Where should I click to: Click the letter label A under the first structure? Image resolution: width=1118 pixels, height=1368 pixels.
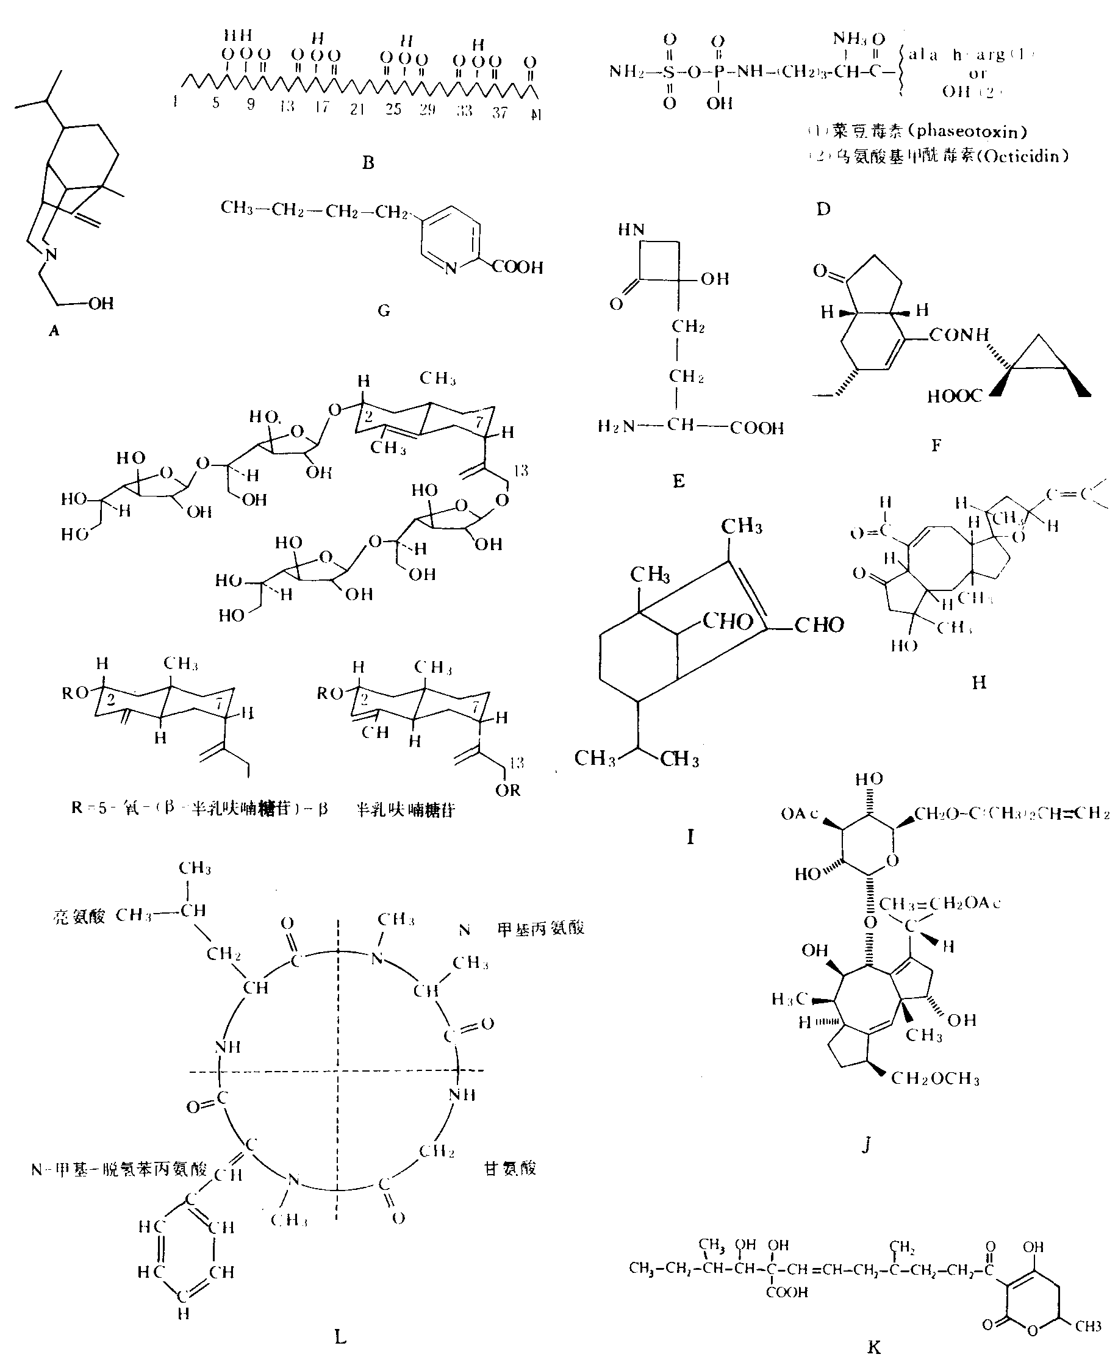point(54,331)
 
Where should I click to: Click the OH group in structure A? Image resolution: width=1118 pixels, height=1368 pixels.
point(101,303)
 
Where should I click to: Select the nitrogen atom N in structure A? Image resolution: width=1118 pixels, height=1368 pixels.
point(51,254)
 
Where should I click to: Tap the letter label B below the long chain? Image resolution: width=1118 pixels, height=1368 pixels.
point(368,162)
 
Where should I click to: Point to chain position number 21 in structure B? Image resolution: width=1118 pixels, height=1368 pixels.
point(357,110)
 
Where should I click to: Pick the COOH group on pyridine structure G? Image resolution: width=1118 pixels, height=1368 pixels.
point(518,267)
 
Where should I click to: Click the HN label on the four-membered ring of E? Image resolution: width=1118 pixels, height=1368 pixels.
point(631,230)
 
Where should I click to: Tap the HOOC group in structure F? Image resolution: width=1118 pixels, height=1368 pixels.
point(955,396)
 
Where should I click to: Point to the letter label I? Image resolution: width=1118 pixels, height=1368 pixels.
point(690,837)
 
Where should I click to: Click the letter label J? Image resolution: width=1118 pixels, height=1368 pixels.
point(866,1144)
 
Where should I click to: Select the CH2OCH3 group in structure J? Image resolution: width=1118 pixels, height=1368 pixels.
point(935,1079)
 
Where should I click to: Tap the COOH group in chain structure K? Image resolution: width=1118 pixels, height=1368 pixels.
point(787,1291)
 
